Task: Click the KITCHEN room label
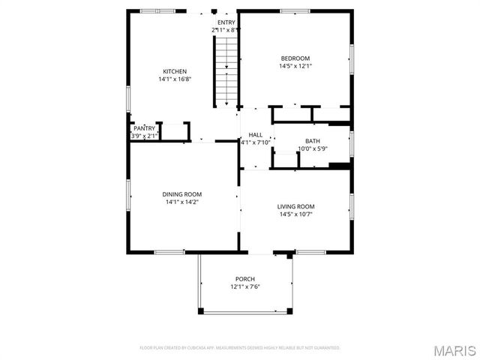coord(175,71)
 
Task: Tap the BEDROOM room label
coord(295,58)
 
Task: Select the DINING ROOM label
coord(182,194)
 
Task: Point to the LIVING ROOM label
coord(295,206)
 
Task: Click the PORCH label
coord(244,278)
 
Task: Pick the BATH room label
coord(312,141)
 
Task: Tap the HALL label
coord(256,135)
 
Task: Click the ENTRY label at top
coord(226,22)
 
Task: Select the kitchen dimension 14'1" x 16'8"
coord(175,79)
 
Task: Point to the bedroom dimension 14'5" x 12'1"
coord(295,66)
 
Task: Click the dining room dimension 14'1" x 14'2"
coord(182,202)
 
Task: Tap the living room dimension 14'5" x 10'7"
coord(295,214)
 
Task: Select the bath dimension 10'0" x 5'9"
coord(312,148)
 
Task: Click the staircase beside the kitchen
coord(226,71)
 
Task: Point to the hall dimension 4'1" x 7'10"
coord(256,142)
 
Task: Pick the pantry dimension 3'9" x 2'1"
coord(144,136)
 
